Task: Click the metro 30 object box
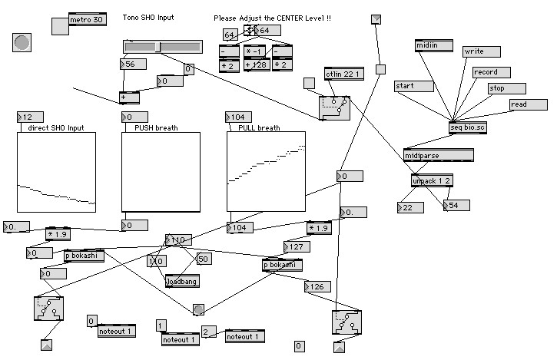click(x=87, y=20)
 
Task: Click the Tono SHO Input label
click(x=148, y=17)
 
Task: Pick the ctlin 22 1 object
click(x=343, y=74)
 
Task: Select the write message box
click(x=482, y=51)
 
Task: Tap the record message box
click(x=491, y=72)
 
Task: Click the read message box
click(x=528, y=104)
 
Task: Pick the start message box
click(x=413, y=86)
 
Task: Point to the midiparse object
click(x=438, y=156)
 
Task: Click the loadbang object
click(x=182, y=282)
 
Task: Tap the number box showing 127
click(x=297, y=247)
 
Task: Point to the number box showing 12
click(x=28, y=117)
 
